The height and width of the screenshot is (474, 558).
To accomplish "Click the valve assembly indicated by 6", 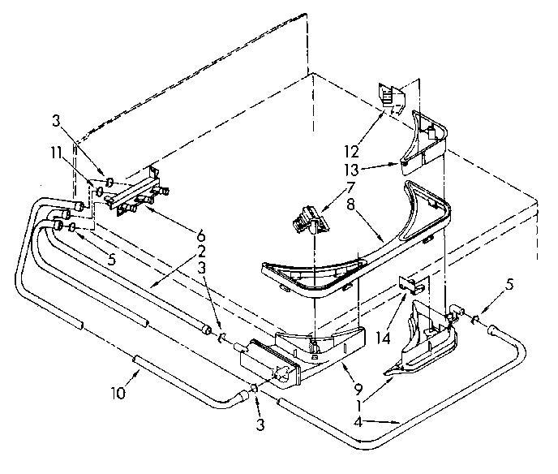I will tap(134, 193).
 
